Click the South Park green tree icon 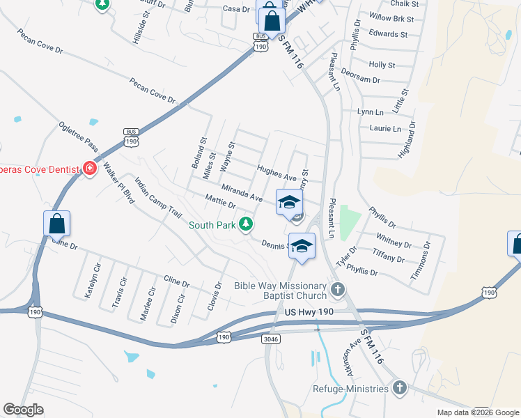[x=245, y=224]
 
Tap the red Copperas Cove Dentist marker [x=89, y=168]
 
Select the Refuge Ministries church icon [x=399, y=388]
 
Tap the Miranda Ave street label [x=242, y=194]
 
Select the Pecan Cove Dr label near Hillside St [x=155, y=92]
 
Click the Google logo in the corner [x=23, y=410]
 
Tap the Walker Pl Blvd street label [x=118, y=182]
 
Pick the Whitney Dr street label [x=394, y=240]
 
